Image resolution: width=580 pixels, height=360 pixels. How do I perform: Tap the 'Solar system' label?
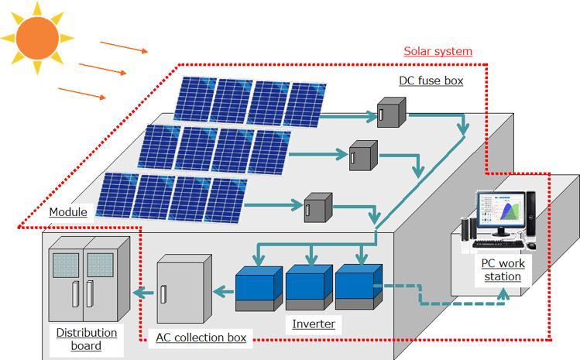[438, 51]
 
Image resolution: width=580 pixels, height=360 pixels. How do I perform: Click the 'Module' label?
[67, 212]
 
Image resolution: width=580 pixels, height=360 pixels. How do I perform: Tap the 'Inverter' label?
[314, 324]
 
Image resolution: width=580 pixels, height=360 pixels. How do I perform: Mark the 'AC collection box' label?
[201, 338]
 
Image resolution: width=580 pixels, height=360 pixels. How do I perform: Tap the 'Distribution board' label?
[86, 339]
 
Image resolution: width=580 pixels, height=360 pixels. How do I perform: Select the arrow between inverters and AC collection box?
[223, 292]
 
